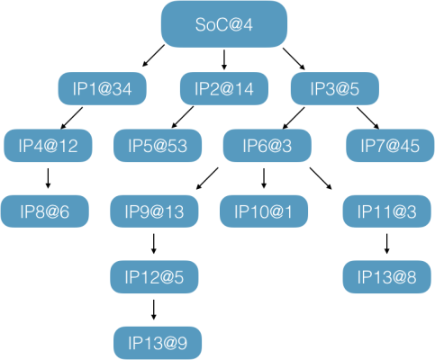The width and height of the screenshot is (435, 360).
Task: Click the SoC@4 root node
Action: (224, 24)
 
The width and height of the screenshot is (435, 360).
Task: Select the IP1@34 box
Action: (102, 88)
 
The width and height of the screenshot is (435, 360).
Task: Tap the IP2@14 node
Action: (224, 88)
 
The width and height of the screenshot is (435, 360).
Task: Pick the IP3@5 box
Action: (335, 88)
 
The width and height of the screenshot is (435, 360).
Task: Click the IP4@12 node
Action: (48, 146)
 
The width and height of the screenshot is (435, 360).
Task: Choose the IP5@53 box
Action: (158, 146)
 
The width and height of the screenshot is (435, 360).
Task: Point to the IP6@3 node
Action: (267, 146)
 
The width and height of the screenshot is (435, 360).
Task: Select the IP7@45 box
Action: (390, 146)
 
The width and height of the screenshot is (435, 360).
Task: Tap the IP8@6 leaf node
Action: (45, 211)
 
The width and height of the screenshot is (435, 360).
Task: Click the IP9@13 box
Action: (154, 211)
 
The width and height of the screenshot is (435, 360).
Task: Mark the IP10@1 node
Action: (264, 211)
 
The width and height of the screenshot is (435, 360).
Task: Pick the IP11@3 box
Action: (387, 211)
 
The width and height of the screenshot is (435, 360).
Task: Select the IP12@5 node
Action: (154, 277)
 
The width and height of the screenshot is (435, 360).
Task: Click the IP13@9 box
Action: (158, 343)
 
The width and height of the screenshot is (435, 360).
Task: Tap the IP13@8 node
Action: (387, 277)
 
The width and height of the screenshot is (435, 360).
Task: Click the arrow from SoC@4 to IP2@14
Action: (223, 59)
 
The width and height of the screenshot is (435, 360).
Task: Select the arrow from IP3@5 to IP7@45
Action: (367, 118)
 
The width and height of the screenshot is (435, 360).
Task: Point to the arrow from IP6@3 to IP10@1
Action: (264, 178)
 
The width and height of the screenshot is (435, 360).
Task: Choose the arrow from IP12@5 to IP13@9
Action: (154, 310)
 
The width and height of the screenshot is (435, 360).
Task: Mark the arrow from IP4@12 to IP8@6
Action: (48, 178)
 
